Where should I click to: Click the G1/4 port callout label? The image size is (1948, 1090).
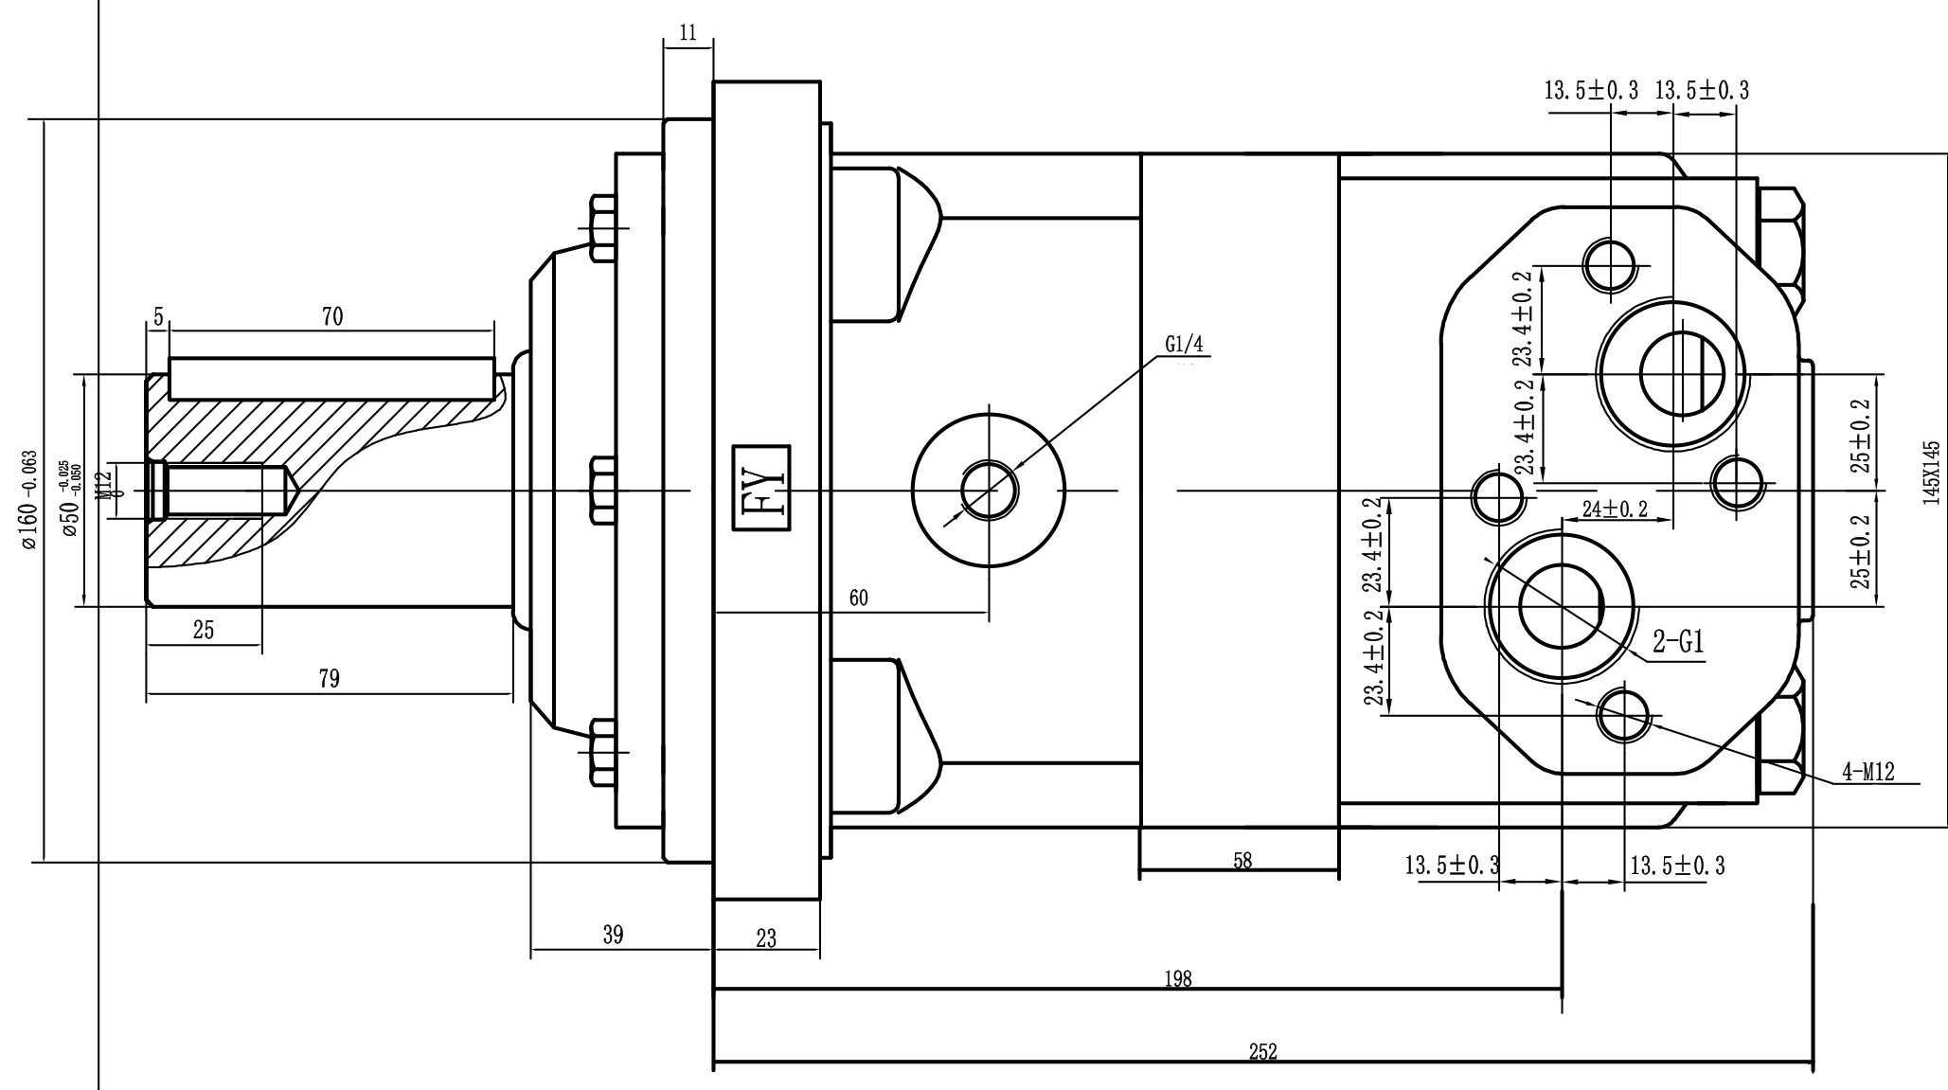[x=1183, y=344]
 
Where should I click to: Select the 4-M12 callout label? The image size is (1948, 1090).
[x=1868, y=773]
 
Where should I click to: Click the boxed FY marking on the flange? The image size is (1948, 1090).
[x=763, y=489]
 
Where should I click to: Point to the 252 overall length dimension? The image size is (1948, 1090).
[x=1262, y=1051]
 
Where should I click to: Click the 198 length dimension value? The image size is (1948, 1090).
[x=1177, y=978]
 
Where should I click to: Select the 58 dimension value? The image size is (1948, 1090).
[x=1242, y=861]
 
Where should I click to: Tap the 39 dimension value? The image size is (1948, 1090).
[x=613, y=936]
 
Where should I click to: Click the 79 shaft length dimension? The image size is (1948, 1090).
[x=329, y=679]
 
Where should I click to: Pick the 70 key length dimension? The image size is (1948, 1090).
[x=331, y=317]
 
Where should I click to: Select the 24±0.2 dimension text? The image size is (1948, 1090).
[x=1615, y=509]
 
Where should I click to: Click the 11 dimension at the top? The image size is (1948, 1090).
[x=688, y=33]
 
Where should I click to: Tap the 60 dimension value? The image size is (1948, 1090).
[x=858, y=598]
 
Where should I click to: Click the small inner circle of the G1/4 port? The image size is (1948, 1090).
[x=988, y=491]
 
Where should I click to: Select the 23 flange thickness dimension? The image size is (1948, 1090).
[x=766, y=938]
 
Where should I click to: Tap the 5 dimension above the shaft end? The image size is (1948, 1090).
[x=157, y=315]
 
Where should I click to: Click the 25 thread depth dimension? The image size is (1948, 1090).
[x=204, y=630]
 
